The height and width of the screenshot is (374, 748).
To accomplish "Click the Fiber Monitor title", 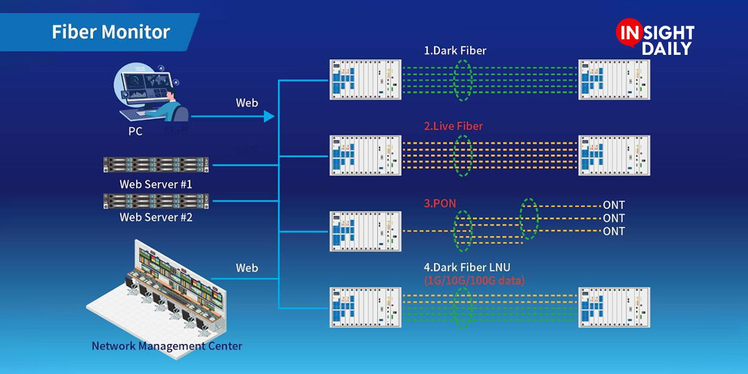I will point(110,32).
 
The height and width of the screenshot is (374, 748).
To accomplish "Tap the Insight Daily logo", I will point(654,39).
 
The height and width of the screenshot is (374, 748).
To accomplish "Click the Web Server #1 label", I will point(156,185).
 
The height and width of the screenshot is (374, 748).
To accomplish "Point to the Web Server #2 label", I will point(156,218).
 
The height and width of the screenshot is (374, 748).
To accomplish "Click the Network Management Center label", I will point(167,345).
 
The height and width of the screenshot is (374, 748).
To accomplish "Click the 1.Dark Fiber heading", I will point(454,50).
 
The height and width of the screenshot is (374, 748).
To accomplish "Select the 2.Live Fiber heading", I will point(453,126).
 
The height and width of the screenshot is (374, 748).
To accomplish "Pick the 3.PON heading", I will point(439,203).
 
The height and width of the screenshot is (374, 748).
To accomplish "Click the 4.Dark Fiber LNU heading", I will point(467,267).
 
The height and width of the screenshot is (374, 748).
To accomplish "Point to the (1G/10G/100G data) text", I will point(474,280).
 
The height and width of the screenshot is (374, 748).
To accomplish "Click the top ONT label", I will point(613,205).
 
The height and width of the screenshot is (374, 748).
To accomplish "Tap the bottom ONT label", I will point(613,231).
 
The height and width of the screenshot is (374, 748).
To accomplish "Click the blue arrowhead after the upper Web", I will point(269,116).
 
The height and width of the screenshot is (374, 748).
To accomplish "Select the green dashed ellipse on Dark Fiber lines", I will point(463,79).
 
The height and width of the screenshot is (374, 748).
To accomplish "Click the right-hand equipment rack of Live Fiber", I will point(614,155).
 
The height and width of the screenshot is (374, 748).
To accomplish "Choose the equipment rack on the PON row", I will point(364,231).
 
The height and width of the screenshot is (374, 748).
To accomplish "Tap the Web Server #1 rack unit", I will point(155,165).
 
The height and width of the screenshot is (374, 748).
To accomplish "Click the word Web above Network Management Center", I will point(247,268).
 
